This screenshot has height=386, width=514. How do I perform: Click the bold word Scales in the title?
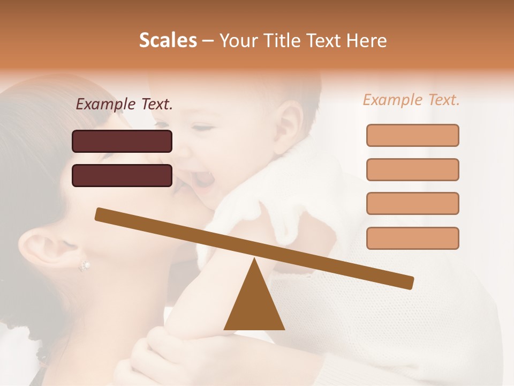[x=168, y=40]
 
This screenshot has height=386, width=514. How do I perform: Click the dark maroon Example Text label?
[x=124, y=105]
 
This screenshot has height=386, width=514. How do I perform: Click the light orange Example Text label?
[x=411, y=100]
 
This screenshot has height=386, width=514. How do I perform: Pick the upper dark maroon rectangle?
[x=122, y=141]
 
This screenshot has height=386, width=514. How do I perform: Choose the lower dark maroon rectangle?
[x=122, y=175]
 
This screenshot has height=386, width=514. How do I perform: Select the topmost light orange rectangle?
[x=412, y=135]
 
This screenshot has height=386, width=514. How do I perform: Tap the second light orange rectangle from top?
[x=412, y=169]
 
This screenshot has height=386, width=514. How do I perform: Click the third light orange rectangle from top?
[x=412, y=203]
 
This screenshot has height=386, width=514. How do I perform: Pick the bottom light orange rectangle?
[x=412, y=238]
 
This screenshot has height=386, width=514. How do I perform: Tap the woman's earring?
[x=84, y=265]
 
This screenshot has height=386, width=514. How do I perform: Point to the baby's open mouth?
[x=202, y=180]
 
